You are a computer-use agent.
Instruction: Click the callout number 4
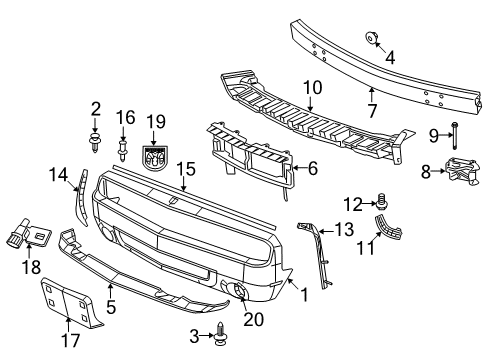390,57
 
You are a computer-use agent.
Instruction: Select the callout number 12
352,205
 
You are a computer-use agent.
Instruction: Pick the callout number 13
344,231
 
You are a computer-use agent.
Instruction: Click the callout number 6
313,170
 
